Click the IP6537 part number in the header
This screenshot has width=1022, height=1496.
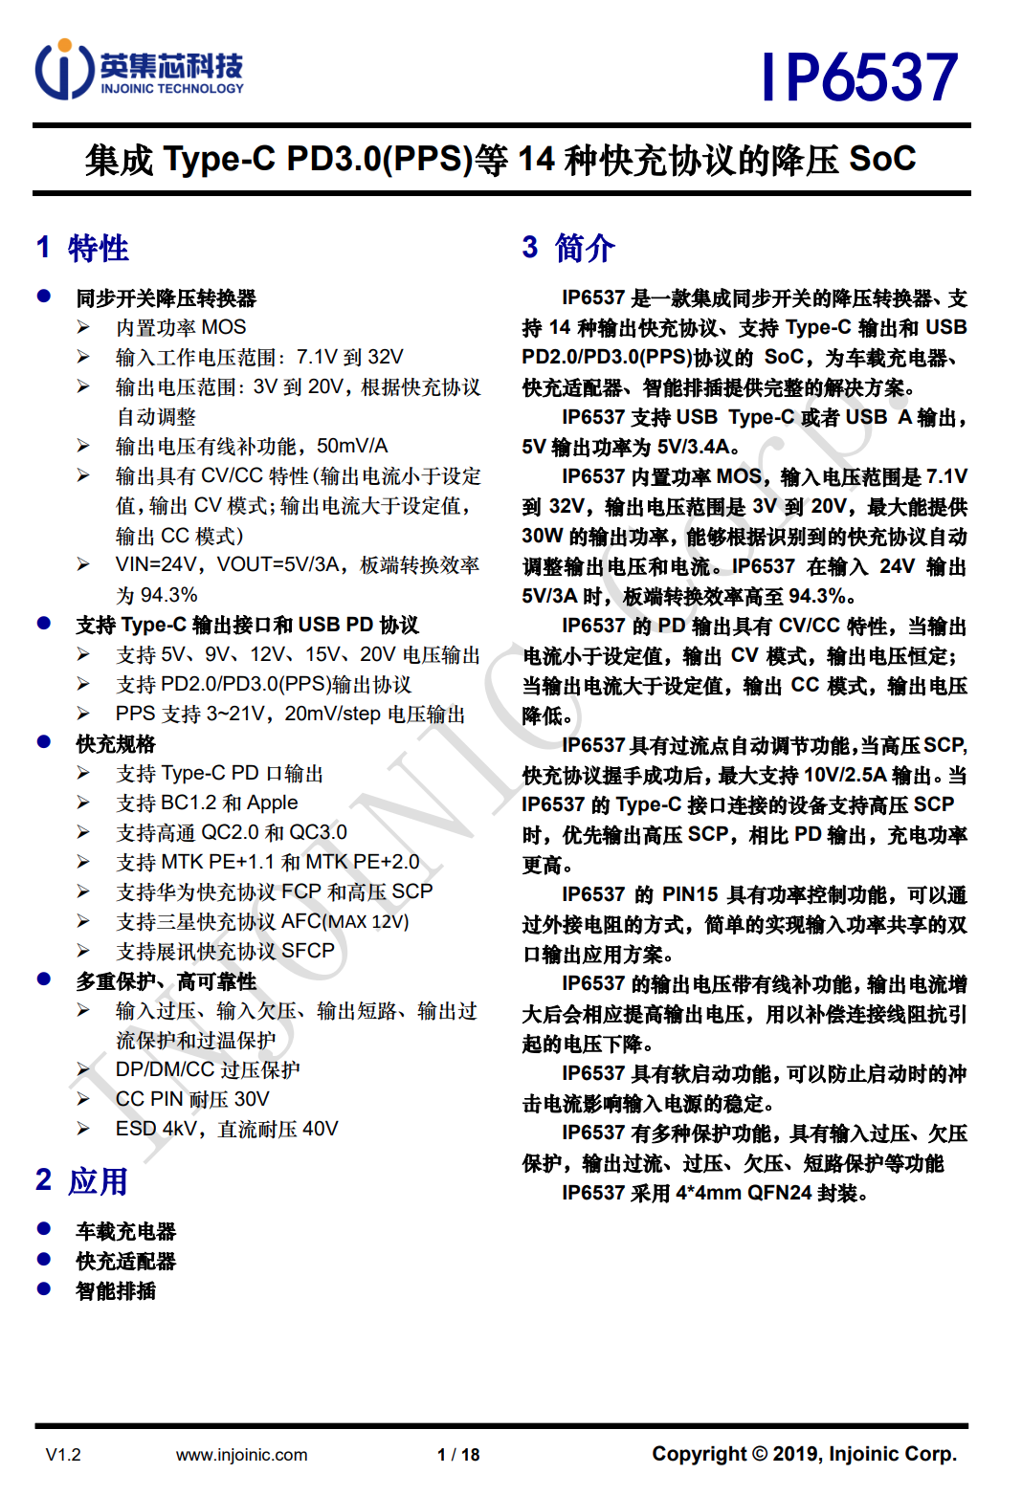click(859, 77)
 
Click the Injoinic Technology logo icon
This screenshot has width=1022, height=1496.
click(64, 69)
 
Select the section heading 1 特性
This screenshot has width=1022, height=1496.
click(82, 248)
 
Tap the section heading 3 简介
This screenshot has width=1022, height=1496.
click(568, 248)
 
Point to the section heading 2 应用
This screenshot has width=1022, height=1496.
click(82, 1181)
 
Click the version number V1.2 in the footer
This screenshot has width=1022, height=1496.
click(63, 1455)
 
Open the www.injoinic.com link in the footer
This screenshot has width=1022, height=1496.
click(241, 1455)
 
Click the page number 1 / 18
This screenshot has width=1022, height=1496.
click(458, 1455)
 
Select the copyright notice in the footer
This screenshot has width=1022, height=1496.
click(804, 1454)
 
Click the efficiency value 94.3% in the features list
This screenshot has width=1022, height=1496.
click(169, 595)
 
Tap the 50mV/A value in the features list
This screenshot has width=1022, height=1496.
click(352, 447)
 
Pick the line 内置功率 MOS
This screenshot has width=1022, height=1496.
click(181, 327)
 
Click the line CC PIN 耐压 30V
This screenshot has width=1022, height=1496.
click(192, 1099)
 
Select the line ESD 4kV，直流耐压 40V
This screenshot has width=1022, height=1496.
click(227, 1129)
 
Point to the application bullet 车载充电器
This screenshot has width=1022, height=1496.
click(126, 1231)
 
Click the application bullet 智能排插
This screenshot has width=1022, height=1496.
click(116, 1290)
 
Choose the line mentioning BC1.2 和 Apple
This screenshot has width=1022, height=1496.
click(207, 803)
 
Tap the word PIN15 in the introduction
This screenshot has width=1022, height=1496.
click(690, 894)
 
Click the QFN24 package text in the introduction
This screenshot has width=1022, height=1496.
click(780, 1193)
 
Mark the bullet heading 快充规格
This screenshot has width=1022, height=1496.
click(116, 743)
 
